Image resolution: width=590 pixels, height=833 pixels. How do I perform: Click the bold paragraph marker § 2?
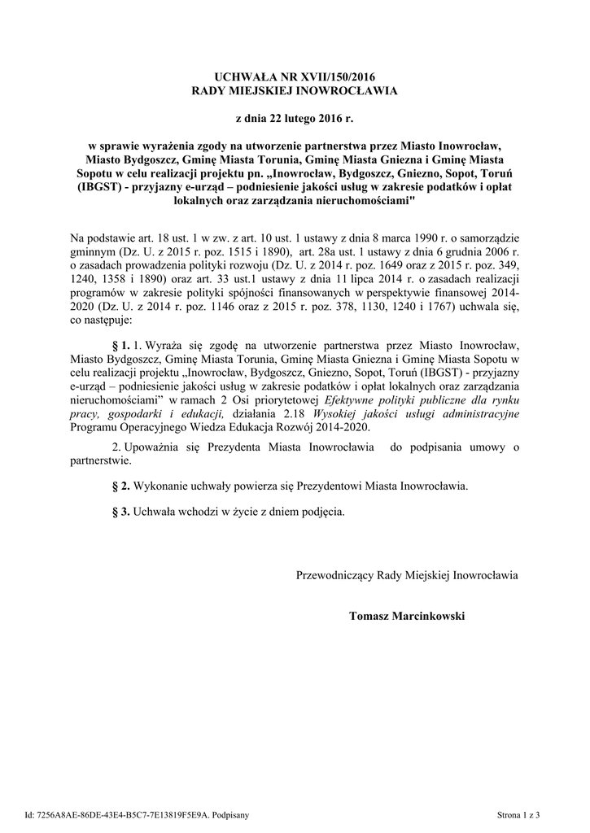click(120, 486)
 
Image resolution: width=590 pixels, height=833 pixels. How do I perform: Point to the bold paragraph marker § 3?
click(120, 512)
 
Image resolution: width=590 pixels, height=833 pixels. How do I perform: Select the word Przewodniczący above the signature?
click(335, 575)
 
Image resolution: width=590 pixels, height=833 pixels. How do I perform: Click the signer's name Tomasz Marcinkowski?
click(407, 617)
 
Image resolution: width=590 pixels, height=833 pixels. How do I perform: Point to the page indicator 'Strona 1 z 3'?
click(518, 814)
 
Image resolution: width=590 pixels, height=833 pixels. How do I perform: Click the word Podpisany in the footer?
click(230, 814)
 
